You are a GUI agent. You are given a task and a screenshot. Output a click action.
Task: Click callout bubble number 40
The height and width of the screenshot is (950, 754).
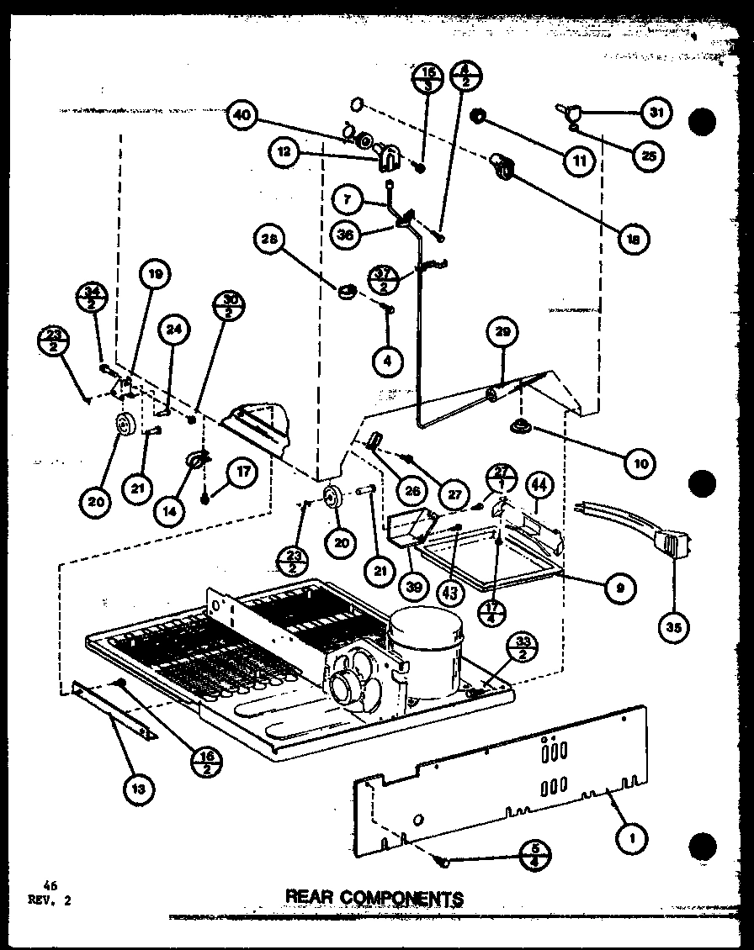click(242, 118)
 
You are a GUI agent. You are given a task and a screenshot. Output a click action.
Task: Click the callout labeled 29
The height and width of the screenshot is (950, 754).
click(502, 332)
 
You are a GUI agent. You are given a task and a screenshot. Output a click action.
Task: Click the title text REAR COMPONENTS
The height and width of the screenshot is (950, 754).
click(374, 898)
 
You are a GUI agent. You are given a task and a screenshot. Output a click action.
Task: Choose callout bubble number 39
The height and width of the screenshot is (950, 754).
click(412, 586)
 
